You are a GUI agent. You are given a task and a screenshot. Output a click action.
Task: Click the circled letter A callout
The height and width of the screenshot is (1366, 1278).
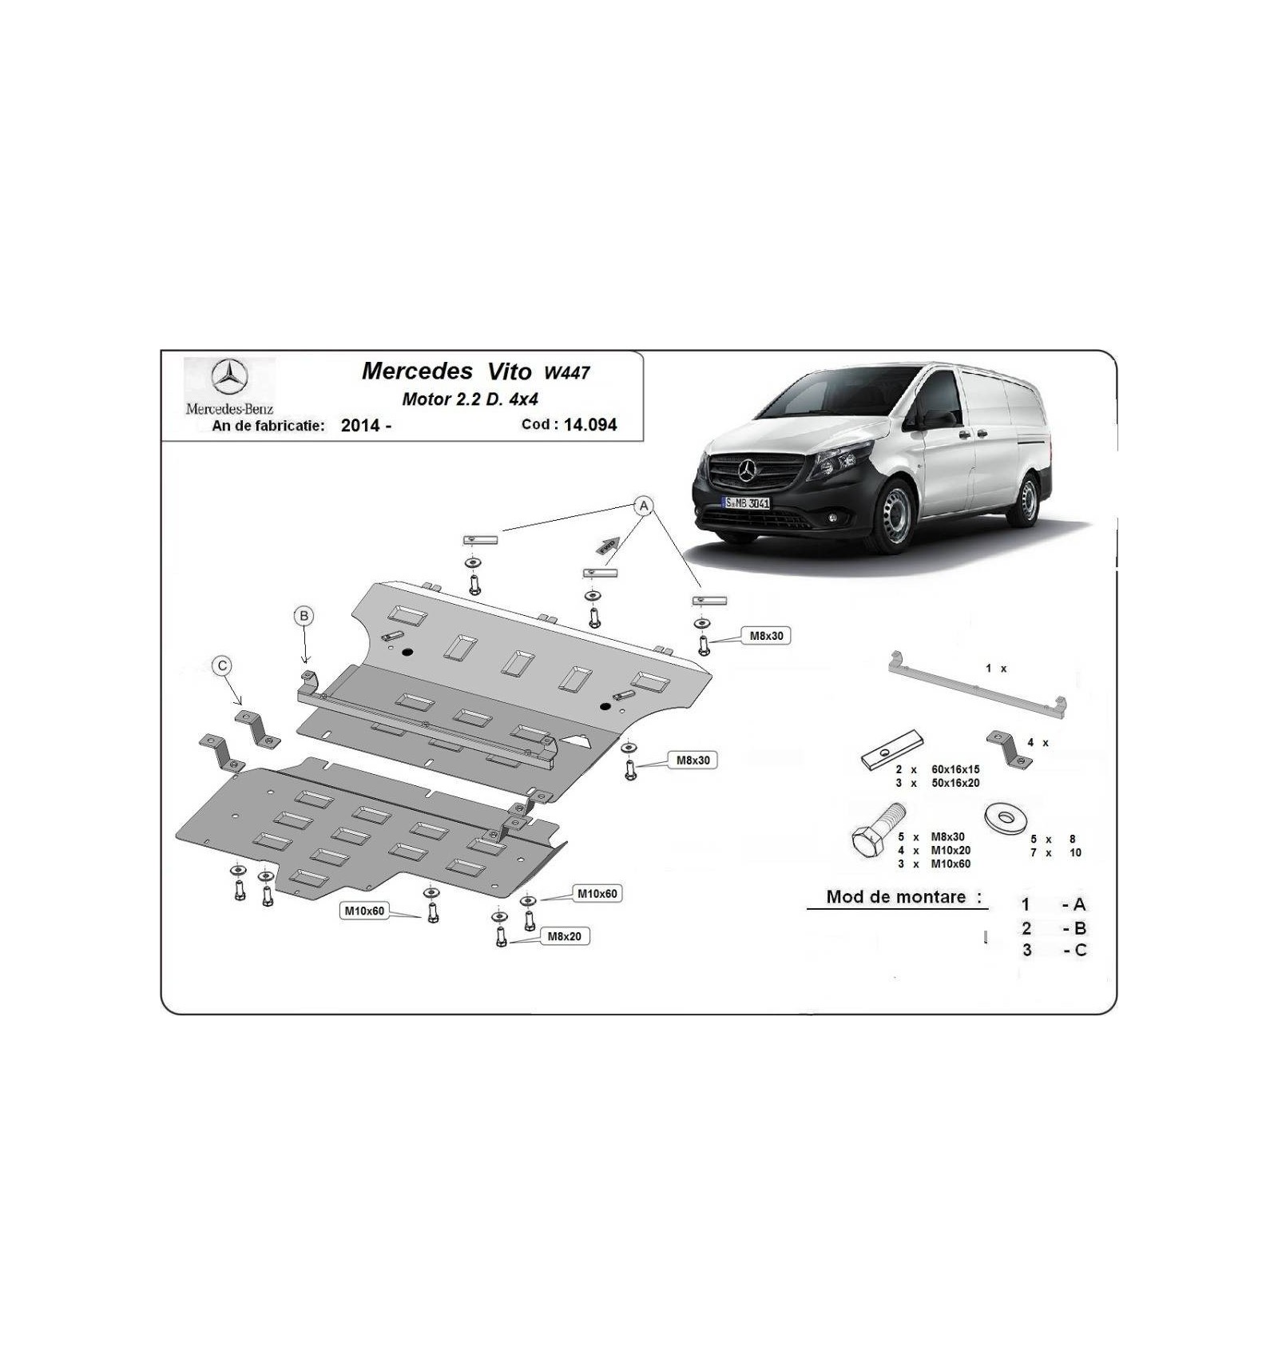pyautogui.click(x=644, y=506)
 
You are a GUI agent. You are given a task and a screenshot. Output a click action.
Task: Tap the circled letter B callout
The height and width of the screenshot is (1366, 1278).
pyautogui.click(x=304, y=616)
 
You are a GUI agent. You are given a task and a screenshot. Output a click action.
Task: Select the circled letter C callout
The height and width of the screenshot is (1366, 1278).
pyautogui.click(x=222, y=665)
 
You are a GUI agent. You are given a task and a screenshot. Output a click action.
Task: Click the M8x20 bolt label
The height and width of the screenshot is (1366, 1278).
pyautogui.click(x=565, y=936)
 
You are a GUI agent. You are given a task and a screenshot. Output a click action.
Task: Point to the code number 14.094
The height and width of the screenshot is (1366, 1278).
pyautogui.click(x=590, y=425)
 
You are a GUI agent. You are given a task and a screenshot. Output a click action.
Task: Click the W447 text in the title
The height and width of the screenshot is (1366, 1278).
pyautogui.click(x=567, y=372)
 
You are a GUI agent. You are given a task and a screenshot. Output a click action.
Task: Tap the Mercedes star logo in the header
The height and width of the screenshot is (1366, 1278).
pyautogui.click(x=229, y=377)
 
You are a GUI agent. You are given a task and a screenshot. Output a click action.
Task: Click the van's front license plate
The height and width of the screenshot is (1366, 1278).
pyautogui.click(x=746, y=502)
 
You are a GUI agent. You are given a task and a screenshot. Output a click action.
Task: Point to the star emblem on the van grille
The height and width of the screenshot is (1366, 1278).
pyautogui.click(x=748, y=471)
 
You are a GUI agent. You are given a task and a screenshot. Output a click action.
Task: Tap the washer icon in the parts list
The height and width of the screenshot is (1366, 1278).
pyautogui.click(x=1006, y=818)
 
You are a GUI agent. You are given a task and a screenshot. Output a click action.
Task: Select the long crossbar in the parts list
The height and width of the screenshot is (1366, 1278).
pyautogui.click(x=978, y=687)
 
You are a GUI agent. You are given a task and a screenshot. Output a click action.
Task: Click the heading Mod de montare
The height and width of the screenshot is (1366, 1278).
pyautogui.click(x=895, y=897)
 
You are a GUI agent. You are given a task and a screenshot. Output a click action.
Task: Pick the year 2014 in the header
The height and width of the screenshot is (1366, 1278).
pyautogui.click(x=360, y=426)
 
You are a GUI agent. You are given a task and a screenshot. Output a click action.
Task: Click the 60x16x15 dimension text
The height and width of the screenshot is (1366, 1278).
pyautogui.click(x=955, y=769)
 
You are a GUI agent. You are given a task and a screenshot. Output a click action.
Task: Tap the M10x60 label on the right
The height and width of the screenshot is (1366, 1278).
pyautogui.click(x=597, y=894)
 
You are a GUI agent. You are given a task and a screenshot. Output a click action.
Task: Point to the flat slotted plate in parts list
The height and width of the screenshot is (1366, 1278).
pyautogui.click(x=892, y=750)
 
